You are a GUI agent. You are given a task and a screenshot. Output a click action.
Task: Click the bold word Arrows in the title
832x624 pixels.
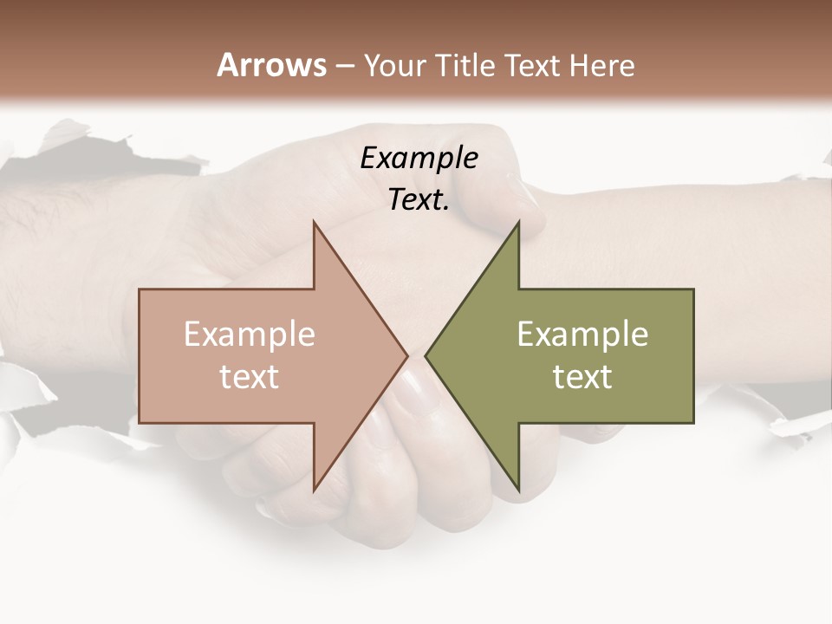(x=272, y=65)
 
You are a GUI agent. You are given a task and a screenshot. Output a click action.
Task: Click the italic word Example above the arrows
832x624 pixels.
(x=419, y=159)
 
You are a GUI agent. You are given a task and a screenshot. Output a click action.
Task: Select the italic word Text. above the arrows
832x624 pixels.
(x=419, y=200)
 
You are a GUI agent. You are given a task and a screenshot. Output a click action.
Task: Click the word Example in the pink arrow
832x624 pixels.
(x=250, y=335)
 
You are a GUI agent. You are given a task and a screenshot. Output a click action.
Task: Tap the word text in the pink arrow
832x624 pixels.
(x=250, y=377)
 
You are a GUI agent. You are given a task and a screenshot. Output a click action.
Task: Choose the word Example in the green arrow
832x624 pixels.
(x=582, y=335)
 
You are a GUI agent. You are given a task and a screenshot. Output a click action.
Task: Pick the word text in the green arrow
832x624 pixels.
(x=582, y=377)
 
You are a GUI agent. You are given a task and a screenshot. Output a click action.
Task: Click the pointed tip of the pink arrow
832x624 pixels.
(x=407, y=354)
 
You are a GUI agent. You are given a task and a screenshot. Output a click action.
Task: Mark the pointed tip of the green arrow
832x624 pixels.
(x=426, y=354)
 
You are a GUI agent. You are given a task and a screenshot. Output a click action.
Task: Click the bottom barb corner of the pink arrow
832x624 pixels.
(x=315, y=491)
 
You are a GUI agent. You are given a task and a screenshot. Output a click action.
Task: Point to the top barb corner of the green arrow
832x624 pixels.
(x=518, y=222)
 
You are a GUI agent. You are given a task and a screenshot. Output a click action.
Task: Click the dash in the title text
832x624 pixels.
(x=345, y=67)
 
